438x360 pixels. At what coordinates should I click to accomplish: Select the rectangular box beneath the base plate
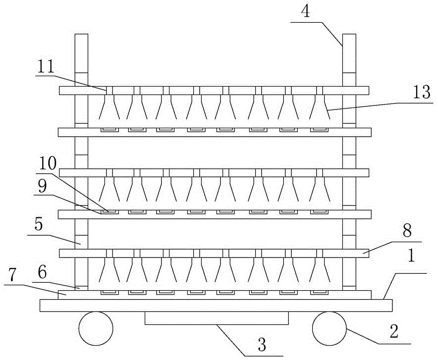pyautogui.click(x=217, y=318)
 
